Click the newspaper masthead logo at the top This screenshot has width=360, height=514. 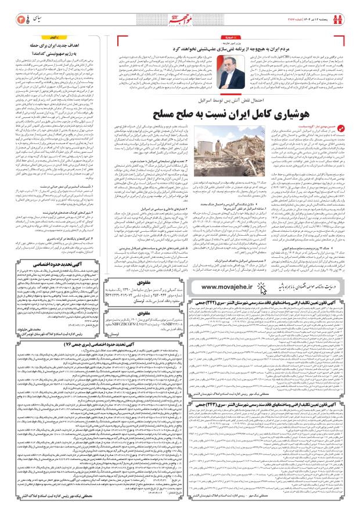pyautogui.click(x=179, y=9)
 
